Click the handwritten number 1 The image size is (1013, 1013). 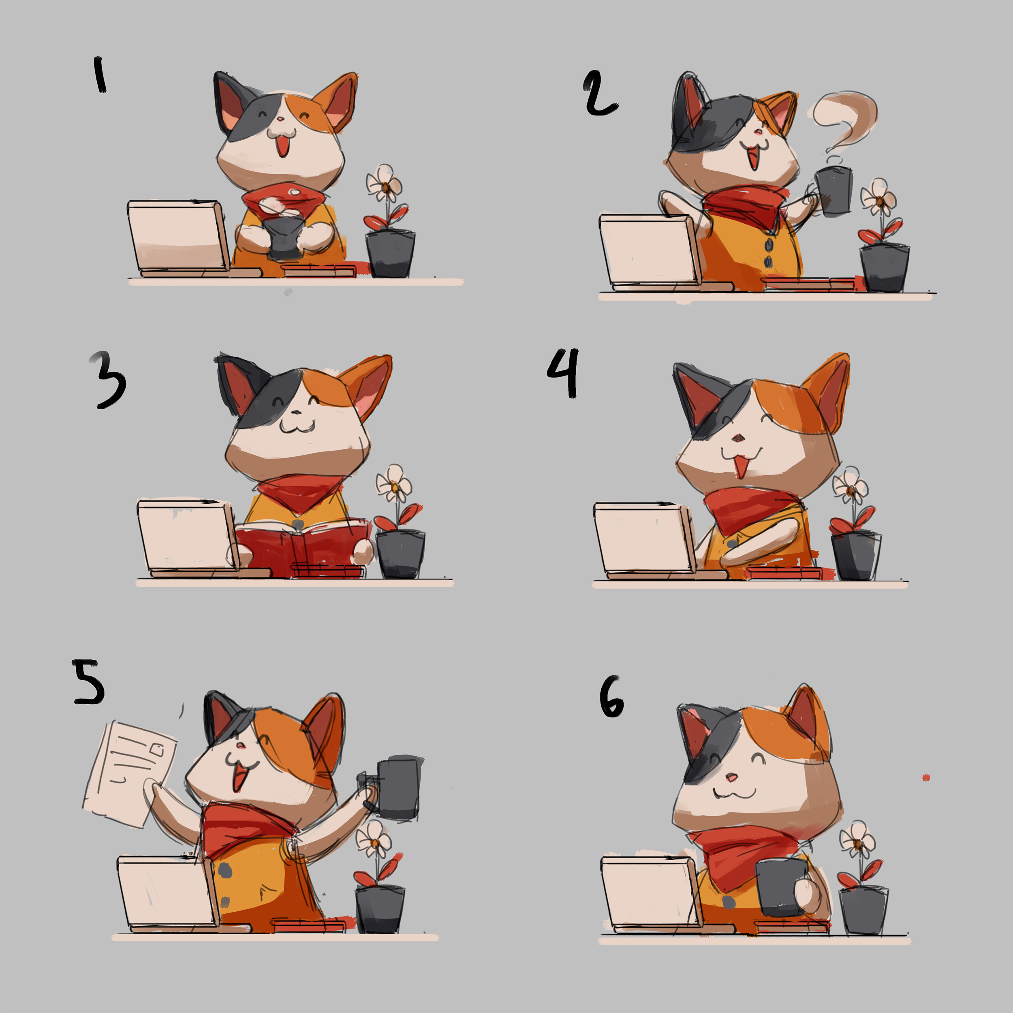tap(100, 75)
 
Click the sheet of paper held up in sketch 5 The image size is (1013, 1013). tap(128, 774)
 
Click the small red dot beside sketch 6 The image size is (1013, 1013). tap(926, 778)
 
